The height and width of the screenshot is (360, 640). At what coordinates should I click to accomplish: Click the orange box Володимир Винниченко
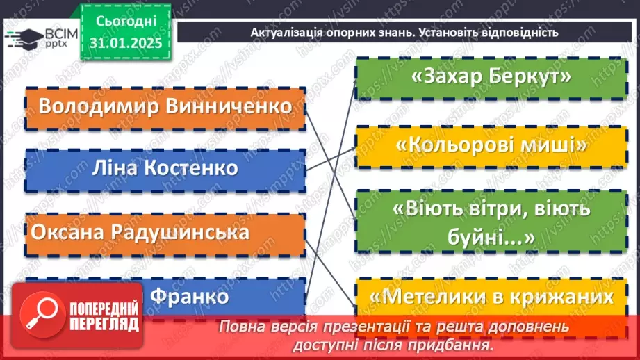pos(165,108)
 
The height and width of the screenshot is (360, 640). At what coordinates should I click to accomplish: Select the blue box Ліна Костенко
pos(165,169)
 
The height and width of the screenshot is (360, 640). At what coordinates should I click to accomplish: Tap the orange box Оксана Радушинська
pos(165,232)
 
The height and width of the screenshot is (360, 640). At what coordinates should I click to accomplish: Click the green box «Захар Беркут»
pos(491,78)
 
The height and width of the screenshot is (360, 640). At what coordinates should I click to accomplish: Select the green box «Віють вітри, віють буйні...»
pos(491,222)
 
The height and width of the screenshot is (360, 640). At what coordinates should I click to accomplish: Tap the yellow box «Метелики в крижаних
pos(491,297)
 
